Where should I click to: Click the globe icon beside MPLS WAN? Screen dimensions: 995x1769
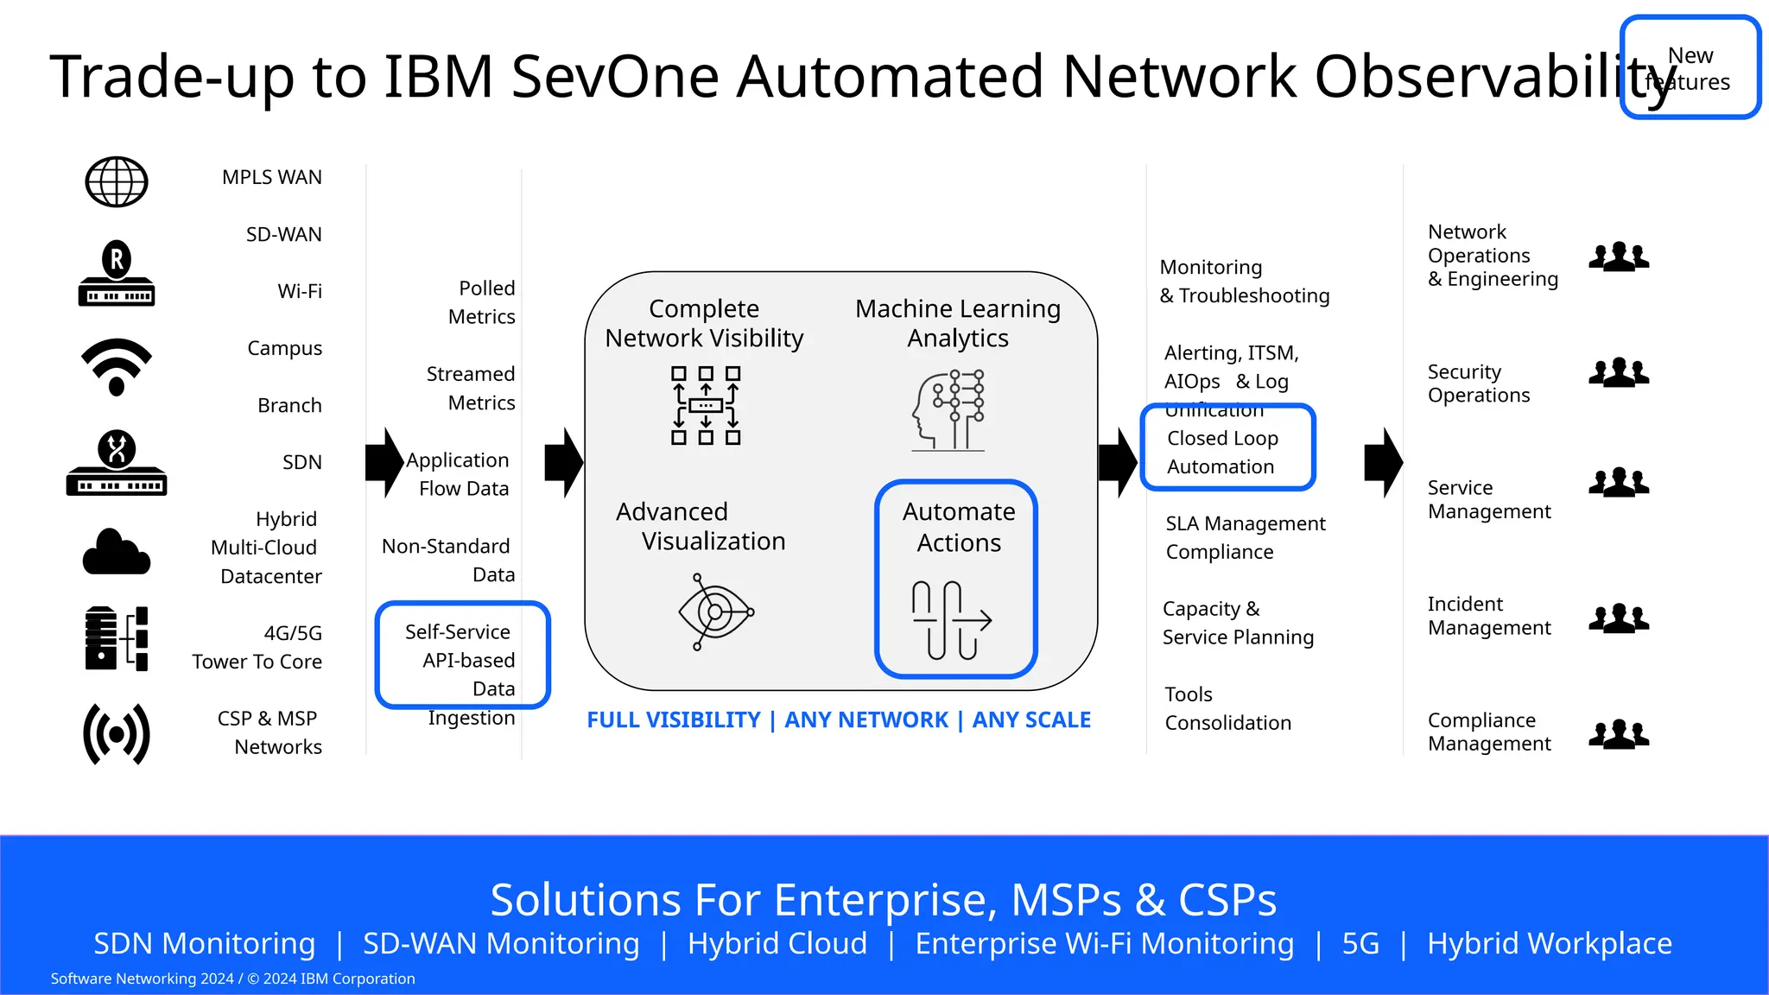pos(117,182)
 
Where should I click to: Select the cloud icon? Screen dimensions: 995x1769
pos(117,553)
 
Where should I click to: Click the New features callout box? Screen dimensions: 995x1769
pos(1690,67)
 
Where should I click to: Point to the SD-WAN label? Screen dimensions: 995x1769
pos(283,235)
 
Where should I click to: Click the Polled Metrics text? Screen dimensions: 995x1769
pos(481,302)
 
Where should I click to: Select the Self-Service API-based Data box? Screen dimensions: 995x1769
pos(463,656)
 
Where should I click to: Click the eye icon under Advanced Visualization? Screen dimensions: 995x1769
pos(715,612)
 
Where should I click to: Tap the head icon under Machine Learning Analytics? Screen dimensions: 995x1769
pos(948,411)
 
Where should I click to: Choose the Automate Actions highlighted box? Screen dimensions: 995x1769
pos(956,579)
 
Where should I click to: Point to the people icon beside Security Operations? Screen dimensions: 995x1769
pos(1619,372)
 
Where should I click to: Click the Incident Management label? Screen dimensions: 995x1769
pos(1488,616)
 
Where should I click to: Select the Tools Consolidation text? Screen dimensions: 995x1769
pos(1227,708)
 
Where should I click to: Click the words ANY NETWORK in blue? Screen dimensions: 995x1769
pos(865,720)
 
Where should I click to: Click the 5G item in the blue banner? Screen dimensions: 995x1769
pos(1360,943)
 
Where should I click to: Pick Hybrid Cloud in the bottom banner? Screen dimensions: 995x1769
pos(777,943)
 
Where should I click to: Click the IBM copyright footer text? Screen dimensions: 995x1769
pos(233,979)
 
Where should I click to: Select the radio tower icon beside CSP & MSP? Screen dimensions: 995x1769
pos(117,734)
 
